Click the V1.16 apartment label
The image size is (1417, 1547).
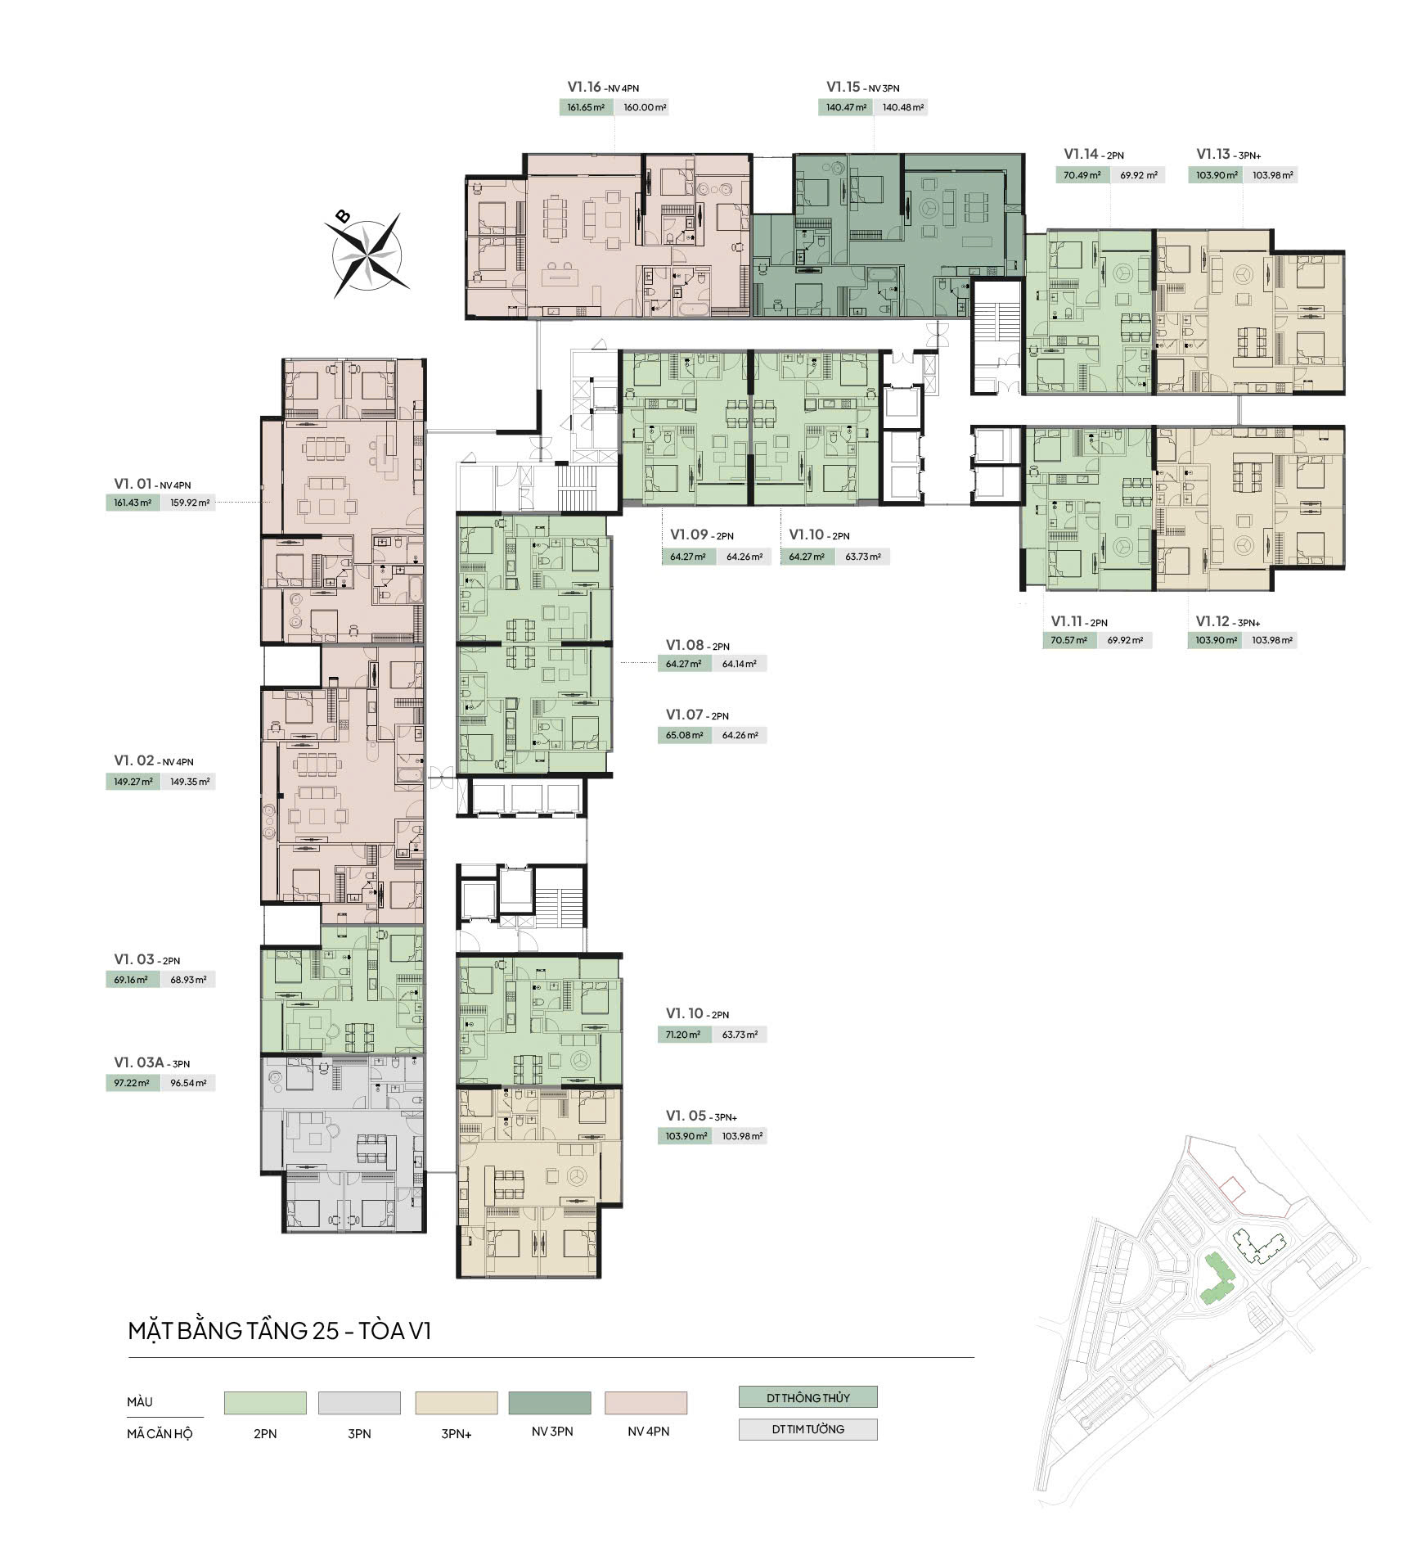(x=603, y=87)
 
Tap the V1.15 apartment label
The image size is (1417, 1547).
(x=862, y=87)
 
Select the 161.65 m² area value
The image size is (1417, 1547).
(x=586, y=107)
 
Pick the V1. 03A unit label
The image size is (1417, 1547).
(x=151, y=1062)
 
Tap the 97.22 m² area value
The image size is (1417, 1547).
(x=132, y=1083)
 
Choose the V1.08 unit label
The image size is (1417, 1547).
(x=697, y=645)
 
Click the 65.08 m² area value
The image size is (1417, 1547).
(x=684, y=735)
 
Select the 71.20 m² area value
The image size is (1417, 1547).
(x=683, y=1035)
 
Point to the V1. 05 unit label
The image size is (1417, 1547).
(x=701, y=1116)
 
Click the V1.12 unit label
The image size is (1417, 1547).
(x=1227, y=621)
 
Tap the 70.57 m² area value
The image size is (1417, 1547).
(x=1069, y=640)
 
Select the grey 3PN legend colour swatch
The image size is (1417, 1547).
(x=360, y=1403)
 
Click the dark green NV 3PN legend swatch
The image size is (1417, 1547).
(x=550, y=1403)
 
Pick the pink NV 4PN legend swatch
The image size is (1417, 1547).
(x=646, y=1403)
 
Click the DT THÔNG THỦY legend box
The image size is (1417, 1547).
(x=807, y=1397)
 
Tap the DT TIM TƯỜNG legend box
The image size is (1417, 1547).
(x=807, y=1429)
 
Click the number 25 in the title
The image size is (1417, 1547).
(x=325, y=1331)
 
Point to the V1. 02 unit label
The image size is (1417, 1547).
(x=153, y=761)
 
